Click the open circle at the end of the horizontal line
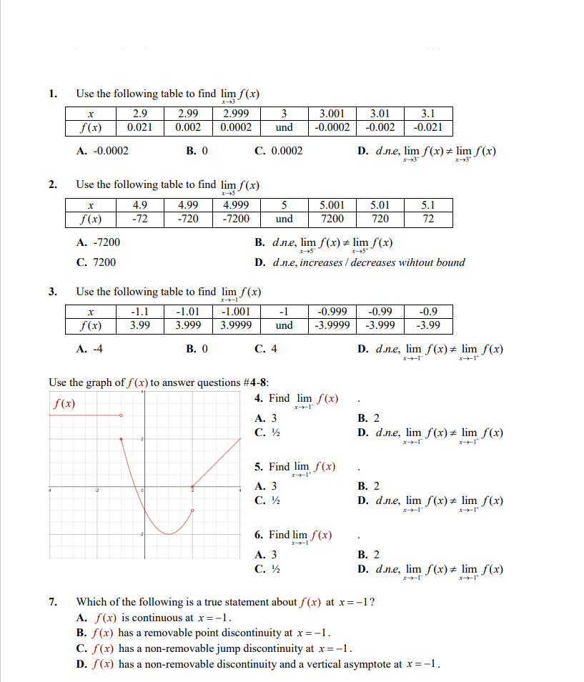pyautogui.click(x=121, y=415)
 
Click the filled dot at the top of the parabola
pyautogui.click(x=121, y=439)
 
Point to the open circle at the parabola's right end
pyautogui.click(x=192, y=511)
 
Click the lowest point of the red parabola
pyautogui.click(x=168, y=534)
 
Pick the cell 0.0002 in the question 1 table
pyautogui.click(x=236, y=127)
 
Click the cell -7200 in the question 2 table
pyautogui.click(x=236, y=218)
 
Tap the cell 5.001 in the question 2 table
pyautogui.click(x=332, y=205)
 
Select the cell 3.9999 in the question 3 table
pyautogui.click(x=236, y=325)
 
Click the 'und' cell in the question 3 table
pyautogui.click(x=284, y=325)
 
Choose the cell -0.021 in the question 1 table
pyautogui.click(x=427, y=127)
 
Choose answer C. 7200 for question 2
pyautogui.click(x=96, y=262)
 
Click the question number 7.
pyautogui.click(x=53, y=602)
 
